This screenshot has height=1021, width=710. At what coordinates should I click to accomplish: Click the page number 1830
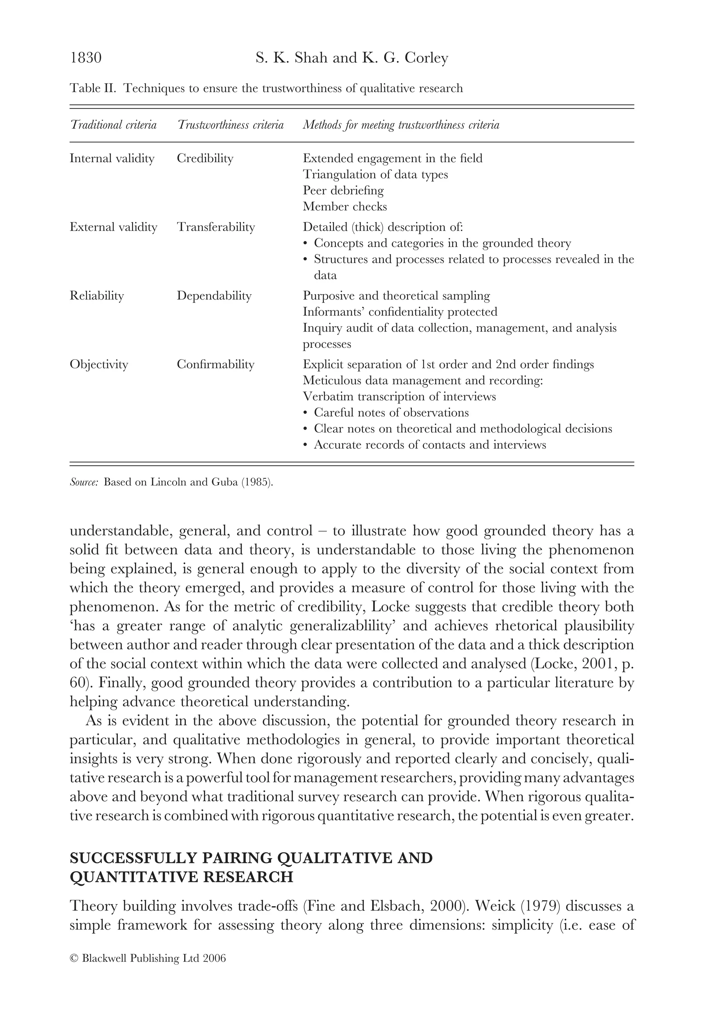click(86, 58)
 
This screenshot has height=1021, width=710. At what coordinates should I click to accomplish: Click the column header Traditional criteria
click(113, 125)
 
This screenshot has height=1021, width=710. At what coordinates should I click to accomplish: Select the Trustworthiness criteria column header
click(231, 125)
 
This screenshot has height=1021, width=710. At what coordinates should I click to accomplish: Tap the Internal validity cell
click(112, 158)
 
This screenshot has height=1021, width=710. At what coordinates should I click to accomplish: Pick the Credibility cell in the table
click(205, 158)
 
